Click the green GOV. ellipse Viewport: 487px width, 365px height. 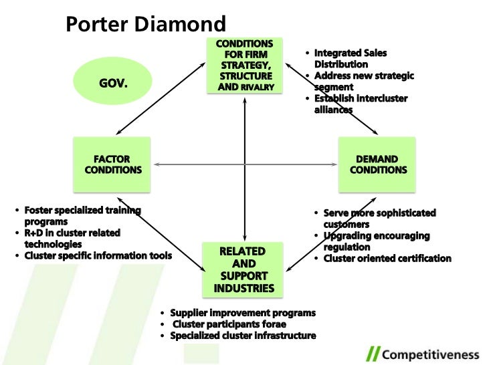113,84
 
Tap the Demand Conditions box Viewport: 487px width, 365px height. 377,164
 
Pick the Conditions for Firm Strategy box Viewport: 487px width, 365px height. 246,65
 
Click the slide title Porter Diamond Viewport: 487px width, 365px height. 146,25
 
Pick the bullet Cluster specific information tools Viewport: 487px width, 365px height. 98,255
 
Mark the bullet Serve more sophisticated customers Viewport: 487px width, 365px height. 379,219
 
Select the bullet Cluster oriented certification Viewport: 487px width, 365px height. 387,258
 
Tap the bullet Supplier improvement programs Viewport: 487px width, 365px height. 243,313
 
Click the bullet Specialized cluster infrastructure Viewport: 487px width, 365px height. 243,336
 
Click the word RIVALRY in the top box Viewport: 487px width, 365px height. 263,87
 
